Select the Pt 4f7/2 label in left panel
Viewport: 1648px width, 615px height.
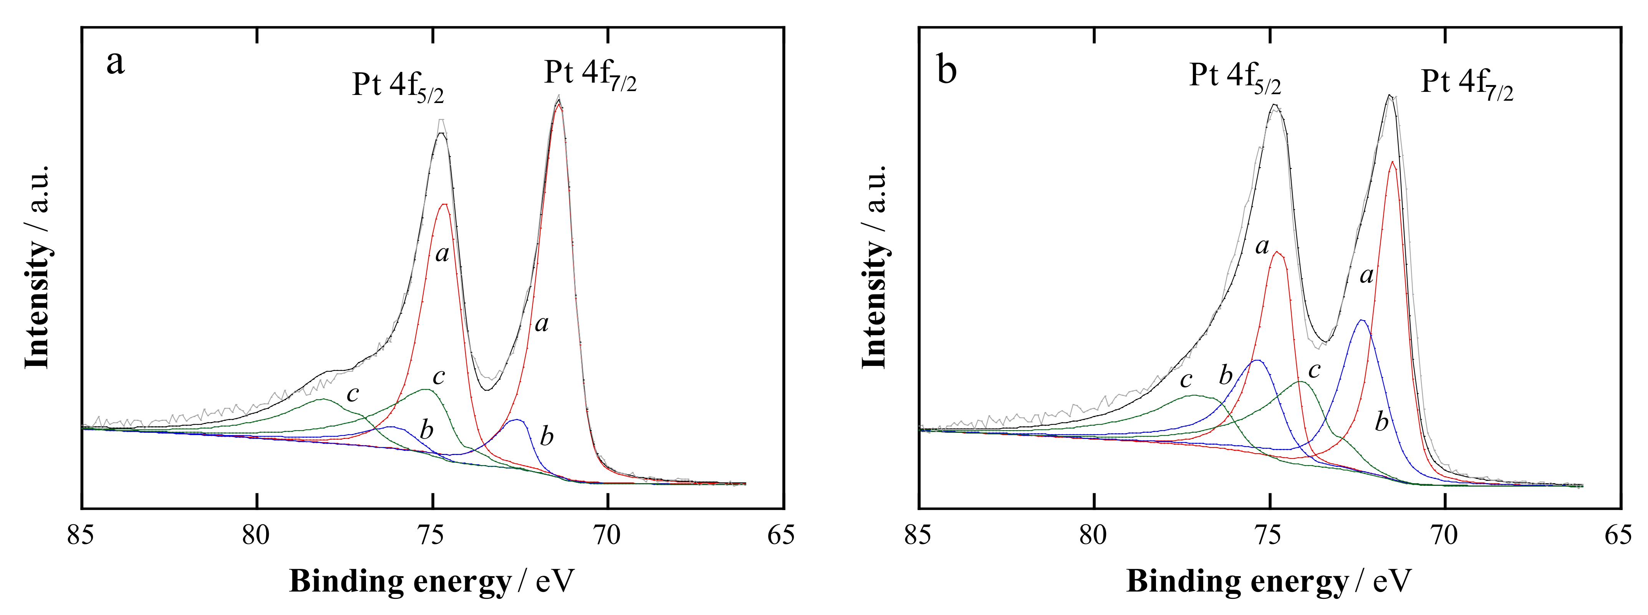[590, 75]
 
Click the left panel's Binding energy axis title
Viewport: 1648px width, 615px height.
[432, 581]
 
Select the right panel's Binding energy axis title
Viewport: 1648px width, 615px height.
[1269, 581]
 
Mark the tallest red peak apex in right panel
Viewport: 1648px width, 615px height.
[1393, 161]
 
